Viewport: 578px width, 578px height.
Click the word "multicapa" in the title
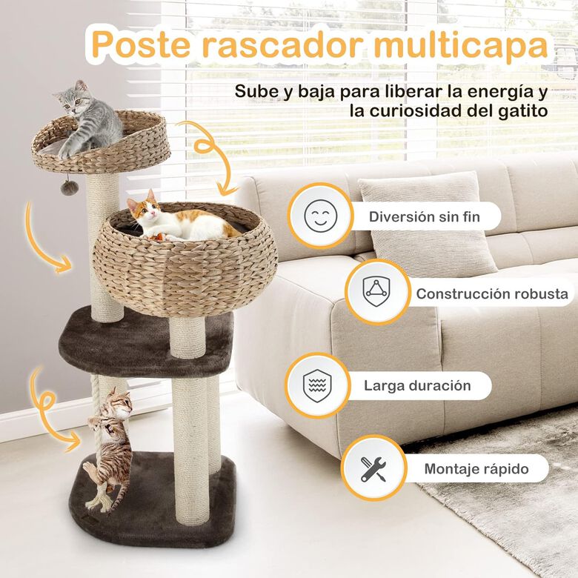point(460,45)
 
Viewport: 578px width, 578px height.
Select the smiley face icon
point(319,216)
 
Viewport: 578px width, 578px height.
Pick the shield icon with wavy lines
point(317,385)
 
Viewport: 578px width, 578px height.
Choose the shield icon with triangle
point(376,292)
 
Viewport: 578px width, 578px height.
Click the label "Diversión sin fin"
point(424,217)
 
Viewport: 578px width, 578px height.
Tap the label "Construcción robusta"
point(491,293)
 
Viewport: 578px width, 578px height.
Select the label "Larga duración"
point(416,385)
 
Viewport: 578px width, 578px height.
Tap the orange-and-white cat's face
point(143,209)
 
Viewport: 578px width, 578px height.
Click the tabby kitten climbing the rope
point(110,445)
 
